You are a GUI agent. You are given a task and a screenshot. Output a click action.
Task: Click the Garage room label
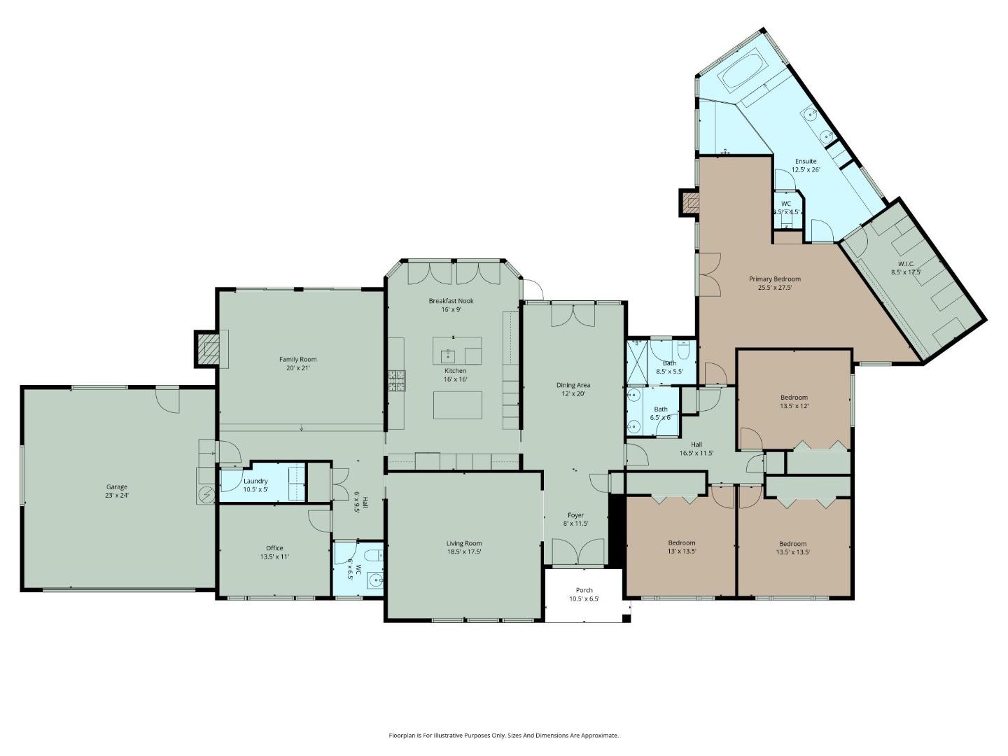tap(117, 486)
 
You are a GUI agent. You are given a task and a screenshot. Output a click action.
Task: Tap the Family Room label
tap(297, 359)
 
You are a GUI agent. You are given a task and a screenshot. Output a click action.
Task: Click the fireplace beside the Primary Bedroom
tap(689, 204)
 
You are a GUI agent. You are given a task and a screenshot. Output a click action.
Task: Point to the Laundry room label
tap(255, 481)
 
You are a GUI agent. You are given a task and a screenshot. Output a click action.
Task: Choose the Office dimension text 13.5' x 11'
tap(274, 557)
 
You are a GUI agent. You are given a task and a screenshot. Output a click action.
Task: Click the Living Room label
tap(464, 543)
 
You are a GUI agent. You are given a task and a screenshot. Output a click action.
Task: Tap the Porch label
tap(584, 590)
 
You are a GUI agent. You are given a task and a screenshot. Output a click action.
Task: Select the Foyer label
tap(575, 515)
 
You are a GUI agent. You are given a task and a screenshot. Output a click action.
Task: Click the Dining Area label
tap(573, 385)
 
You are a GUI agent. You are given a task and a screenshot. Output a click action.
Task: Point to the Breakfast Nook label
tap(451, 300)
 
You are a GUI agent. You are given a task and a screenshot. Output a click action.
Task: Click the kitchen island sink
tap(448, 355)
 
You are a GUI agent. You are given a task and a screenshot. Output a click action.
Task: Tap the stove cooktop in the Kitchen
tap(397, 381)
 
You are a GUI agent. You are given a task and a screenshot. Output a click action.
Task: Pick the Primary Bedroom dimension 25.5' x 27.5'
tap(774, 288)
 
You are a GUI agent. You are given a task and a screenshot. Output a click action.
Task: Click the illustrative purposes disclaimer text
tap(503, 736)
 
